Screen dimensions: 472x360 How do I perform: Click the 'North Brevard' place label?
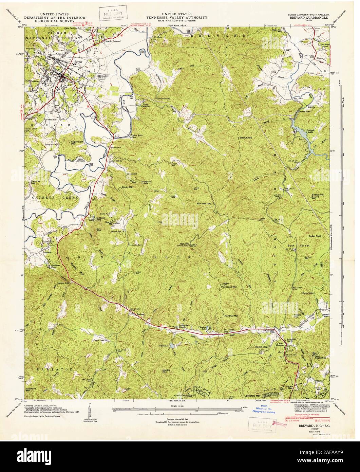coord(113,41)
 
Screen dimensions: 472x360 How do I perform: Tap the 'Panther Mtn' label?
coord(232,316)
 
